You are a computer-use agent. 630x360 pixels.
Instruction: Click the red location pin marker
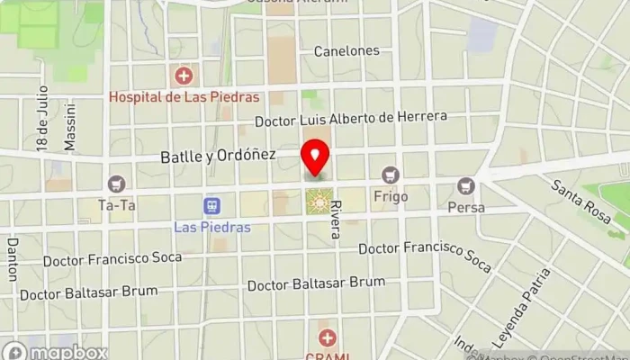(x=315, y=158)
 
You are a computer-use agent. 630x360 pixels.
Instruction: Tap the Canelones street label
(x=346, y=51)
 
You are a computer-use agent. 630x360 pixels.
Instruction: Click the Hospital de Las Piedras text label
(x=184, y=96)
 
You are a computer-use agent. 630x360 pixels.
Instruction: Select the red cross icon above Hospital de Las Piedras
(x=184, y=75)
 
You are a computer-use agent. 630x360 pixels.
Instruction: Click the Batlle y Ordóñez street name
(x=218, y=156)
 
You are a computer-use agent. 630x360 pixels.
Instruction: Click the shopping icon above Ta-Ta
(x=117, y=184)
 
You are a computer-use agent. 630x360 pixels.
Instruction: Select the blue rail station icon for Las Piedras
(x=212, y=207)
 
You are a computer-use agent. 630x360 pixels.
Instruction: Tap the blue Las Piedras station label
(x=212, y=227)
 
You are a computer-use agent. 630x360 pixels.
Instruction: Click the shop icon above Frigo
(x=389, y=175)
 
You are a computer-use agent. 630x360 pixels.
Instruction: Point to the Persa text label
(x=465, y=207)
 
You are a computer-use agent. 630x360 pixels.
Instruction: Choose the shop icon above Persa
(x=465, y=186)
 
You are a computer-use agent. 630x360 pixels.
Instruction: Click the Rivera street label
(x=335, y=219)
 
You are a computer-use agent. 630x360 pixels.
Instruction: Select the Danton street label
(x=12, y=258)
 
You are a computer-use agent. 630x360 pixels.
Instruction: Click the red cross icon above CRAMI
(x=328, y=338)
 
